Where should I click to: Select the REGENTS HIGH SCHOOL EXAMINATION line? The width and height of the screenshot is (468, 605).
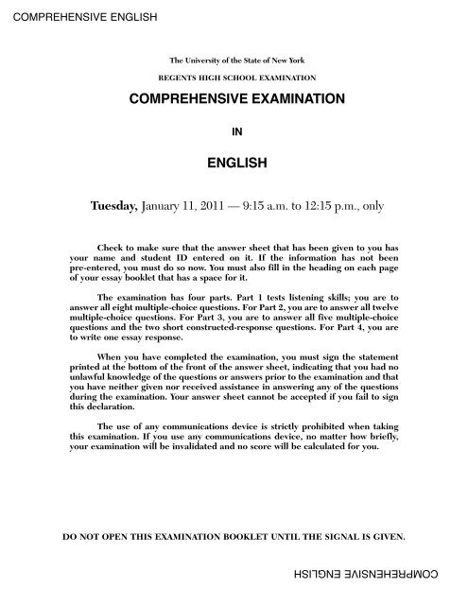tap(234, 78)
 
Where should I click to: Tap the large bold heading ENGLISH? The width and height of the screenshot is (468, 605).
tap(234, 164)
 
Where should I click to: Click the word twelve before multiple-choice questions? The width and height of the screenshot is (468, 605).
tap(390, 306)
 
